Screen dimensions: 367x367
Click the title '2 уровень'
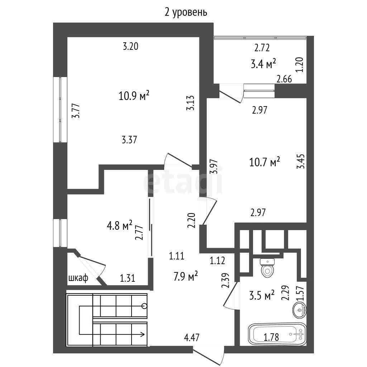[186, 13]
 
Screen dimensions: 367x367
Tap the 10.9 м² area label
[134, 96]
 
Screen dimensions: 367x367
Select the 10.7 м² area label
[264, 162]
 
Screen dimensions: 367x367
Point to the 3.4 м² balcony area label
[263, 64]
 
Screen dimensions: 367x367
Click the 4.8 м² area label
[119, 226]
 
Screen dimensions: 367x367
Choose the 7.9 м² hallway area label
[186, 276]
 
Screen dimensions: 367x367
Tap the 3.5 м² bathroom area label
[262, 296]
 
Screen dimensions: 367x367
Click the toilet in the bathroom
[268, 268]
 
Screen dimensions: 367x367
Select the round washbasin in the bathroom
[299, 310]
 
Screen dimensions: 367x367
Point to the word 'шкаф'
[78, 278]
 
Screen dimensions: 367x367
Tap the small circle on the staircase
[145, 306]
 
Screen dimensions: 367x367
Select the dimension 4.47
[192, 338]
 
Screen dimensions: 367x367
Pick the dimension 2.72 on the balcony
[262, 48]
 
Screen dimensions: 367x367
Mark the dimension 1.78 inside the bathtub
[271, 337]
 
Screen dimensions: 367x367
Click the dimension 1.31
[128, 278]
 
